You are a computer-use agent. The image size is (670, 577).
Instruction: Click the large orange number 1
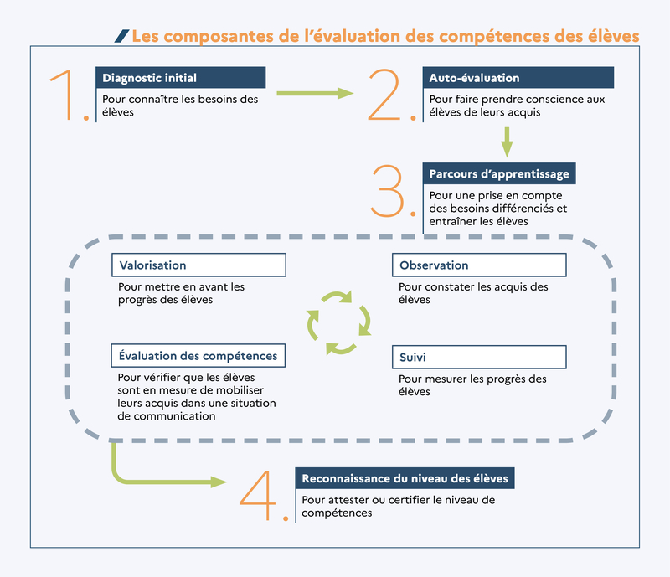(x=68, y=94)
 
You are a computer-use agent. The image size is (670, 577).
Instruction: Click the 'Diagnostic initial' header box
(x=181, y=78)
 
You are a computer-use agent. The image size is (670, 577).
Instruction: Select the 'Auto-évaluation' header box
(x=518, y=78)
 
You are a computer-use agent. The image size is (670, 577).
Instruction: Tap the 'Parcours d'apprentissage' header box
(x=499, y=173)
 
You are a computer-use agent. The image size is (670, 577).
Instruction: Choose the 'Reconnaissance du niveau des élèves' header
(x=405, y=478)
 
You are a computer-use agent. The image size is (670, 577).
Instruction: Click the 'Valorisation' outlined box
(x=198, y=265)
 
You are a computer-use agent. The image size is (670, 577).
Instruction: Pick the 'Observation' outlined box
(x=479, y=265)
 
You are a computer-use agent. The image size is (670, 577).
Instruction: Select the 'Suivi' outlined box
(x=479, y=357)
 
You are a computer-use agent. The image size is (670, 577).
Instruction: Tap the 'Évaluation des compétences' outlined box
(x=198, y=356)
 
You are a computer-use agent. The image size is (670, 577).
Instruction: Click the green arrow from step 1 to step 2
(x=316, y=93)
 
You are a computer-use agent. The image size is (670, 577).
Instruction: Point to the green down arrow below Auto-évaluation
(x=507, y=142)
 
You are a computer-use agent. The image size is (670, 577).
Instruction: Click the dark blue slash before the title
(x=121, y=36)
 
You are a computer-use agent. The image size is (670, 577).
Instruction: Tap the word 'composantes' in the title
(x=219, y=36)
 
